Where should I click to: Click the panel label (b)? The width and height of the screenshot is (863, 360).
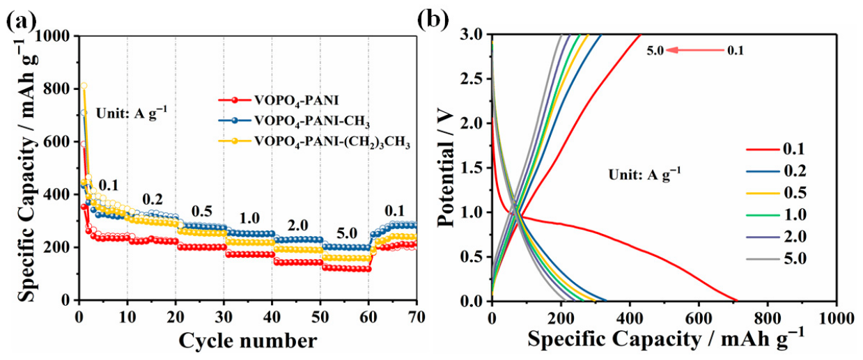[434, 19]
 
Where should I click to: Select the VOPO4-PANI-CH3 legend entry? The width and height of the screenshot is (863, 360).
[294, 121]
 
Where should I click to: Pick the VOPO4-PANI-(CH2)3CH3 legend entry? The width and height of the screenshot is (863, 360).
[314, 142]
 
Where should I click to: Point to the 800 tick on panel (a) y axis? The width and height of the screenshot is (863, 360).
[59, 89]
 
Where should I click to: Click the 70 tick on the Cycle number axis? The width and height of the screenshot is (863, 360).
[416, 317]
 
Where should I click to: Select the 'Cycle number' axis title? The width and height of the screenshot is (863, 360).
[248, 341]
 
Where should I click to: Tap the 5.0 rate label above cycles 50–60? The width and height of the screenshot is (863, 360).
[347, 233]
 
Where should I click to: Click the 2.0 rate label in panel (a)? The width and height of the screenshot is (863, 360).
[298, 225]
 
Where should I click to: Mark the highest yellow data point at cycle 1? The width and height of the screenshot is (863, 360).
[84, 86]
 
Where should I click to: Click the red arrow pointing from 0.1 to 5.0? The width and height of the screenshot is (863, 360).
[695, 50]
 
